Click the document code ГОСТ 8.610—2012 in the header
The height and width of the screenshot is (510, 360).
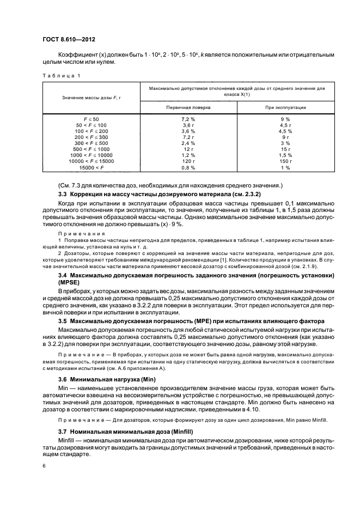[x=65, y=39]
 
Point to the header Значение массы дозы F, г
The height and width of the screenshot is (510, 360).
[x=90, y=96]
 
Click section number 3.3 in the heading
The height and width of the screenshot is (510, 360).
[x=63, y=195]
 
